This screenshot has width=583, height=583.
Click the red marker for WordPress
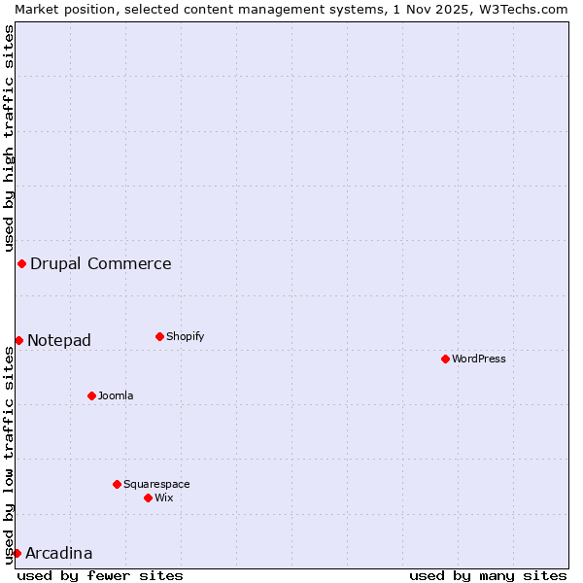(445, 359)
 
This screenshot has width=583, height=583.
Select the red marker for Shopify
(159, 336)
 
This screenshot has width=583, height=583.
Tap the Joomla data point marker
(91, 395)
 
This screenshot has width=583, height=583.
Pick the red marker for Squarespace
(117, 484)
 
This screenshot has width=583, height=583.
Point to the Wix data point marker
(148, 497)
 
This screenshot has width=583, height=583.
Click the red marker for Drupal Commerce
(21, 263)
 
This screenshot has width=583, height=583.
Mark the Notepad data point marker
(18, 340)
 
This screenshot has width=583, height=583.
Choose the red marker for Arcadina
(17, 553)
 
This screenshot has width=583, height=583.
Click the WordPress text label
(479, 359)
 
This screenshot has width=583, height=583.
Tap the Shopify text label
(186, 336)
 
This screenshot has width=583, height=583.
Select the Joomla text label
(116, 395)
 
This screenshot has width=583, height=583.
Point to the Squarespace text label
(156, 484)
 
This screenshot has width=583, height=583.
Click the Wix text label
(164, 497)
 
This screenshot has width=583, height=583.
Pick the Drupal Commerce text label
(101, 263)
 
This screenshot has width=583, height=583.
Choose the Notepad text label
(59, 340)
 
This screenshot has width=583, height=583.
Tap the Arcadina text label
(59, 553)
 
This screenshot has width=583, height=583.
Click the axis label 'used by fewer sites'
(100, 575)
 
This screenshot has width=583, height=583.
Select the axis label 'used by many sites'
(488, 575)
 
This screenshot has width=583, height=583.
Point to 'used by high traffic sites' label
(9, 136)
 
